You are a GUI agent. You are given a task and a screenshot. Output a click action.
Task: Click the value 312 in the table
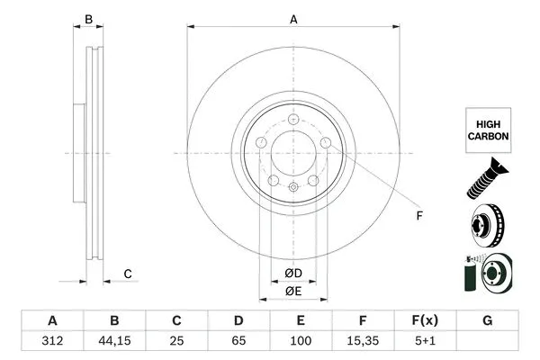pyautogui.click(x=51, y=343)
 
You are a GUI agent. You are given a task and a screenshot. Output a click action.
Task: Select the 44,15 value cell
pyautogui.click(x=114, y=343)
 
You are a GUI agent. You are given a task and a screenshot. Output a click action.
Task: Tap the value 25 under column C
pyautogui.click(x=177, y=343)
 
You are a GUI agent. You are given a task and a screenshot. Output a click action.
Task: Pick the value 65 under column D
pyautogui.click(x=238, y=343)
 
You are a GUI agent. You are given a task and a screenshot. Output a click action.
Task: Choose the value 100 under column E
pyautogui.click(x=301, y=343)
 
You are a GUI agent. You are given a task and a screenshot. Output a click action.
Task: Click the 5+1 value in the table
pyautogui.click(x=426, y=343)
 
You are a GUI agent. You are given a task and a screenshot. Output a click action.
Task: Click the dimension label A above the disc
pyautogui.click(x=293, y=19)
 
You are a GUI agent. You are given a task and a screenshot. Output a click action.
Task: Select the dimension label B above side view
pyautogui.click(x=88, y=19)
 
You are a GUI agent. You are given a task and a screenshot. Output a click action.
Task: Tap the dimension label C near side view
pyautogui.click(x=128, y=274)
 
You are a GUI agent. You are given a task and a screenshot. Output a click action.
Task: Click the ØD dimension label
pyautogui.click(x=292, y=274)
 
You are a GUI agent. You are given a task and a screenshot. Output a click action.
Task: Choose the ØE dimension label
pyautogui.click(x=292, y=291)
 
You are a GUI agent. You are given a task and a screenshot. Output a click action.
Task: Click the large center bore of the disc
pyautogui.click(x=293, y=151)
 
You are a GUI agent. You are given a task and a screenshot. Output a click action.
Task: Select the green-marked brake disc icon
pyautogui.click(x=487, y=274)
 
